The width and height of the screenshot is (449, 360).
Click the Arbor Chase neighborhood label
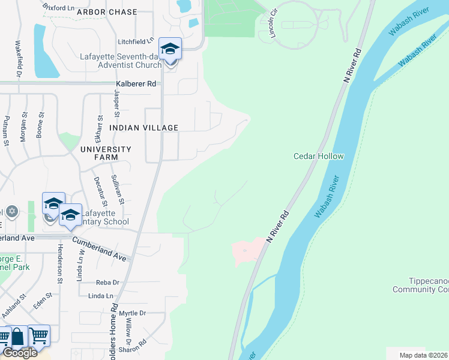click(x=107, y=12)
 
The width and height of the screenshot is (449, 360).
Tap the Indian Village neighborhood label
click(x=143, y=128)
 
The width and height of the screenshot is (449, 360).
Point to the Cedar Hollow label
click(x=318, y=156)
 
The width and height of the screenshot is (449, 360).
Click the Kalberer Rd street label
click(x=136, y=83)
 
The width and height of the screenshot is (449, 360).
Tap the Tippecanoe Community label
click(x=420, y=286)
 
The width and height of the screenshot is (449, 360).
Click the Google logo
click(x=20, y=353)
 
